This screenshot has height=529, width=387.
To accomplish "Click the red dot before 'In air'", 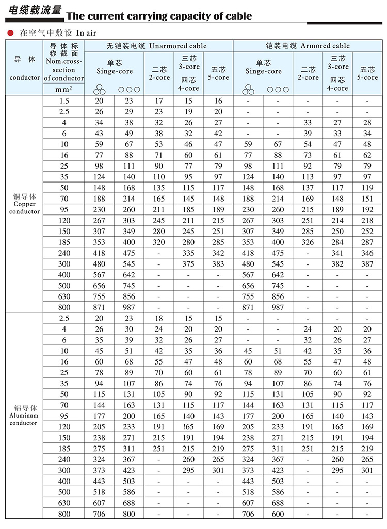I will [x=10, y=33].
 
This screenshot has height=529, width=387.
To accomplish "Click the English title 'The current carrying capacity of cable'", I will [x=159, y=16].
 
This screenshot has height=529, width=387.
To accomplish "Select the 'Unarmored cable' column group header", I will [x=156, y=46].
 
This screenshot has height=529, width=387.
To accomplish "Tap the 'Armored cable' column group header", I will [x=308, y=46].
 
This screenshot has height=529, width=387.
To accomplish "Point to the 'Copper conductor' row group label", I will [x=24, y=204].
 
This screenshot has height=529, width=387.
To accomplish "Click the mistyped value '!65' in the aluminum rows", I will [x=188, y=427].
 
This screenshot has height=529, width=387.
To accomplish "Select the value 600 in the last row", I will [x=278, y=514].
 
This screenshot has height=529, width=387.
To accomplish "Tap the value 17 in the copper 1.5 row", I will [x=159, y=101].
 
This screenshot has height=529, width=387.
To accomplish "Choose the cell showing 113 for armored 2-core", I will [x=308, y=177].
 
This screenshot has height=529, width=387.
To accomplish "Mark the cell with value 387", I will [x=367, y=263].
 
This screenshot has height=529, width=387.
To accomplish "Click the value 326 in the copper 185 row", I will [x=308, y=242].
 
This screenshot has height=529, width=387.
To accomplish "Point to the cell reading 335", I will [x=188, y=253].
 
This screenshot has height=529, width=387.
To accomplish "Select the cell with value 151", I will [x=367, y=199].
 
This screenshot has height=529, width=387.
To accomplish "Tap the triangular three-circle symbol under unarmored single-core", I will [x=99, y=90].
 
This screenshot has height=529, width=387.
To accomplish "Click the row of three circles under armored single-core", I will [x=278, y=89].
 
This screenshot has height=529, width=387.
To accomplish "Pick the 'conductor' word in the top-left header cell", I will [x=24, y=78].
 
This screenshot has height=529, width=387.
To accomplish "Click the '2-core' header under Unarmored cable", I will [x=159, y=73].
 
